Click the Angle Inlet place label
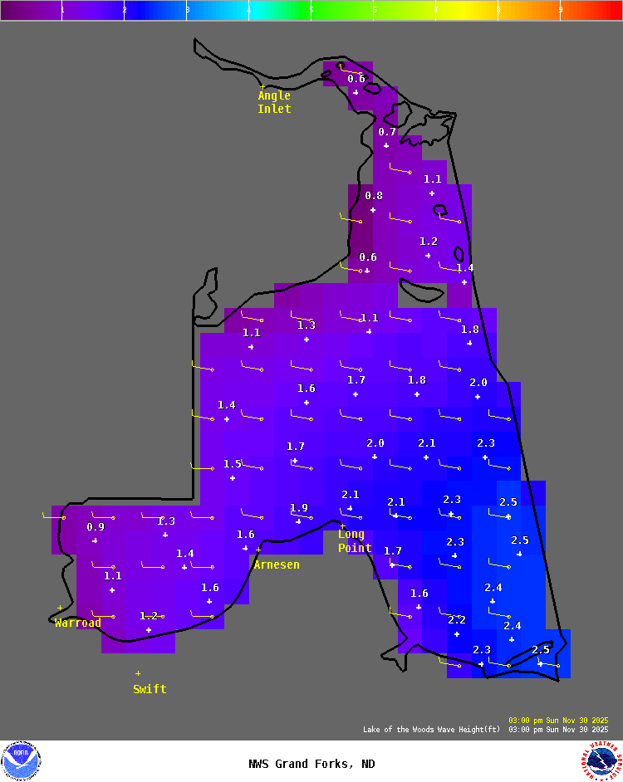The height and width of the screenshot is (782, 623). [x=274, y=102]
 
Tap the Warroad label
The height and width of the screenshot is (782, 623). [x=78, y=623]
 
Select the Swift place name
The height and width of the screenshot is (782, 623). [x=150, y=689]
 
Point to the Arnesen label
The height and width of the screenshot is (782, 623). [x=277, y=565]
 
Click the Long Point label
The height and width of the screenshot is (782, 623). [x=355, y=541]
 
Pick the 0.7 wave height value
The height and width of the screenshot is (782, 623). [x=387, y=131]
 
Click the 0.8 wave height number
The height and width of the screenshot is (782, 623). [x=374, y=196]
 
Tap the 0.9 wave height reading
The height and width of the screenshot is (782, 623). [x=96, y=527]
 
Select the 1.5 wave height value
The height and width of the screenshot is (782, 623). [x=232, y=464]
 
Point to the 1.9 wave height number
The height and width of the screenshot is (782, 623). [x=299, y=508]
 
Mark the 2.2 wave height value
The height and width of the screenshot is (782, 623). [x=457, y=620]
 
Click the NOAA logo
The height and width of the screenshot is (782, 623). [x=22, y=761]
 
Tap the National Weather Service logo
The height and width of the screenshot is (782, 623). [x=602, y=761]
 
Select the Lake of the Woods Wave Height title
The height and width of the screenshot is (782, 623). [x=431, y=729]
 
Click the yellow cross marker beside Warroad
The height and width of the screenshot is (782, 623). [x=60, y=608]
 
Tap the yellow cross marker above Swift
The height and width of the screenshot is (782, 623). [x=138, y=673]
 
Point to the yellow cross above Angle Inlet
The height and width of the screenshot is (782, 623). [x=262, y=86]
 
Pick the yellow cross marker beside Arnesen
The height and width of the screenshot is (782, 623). [x=258, y=550]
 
